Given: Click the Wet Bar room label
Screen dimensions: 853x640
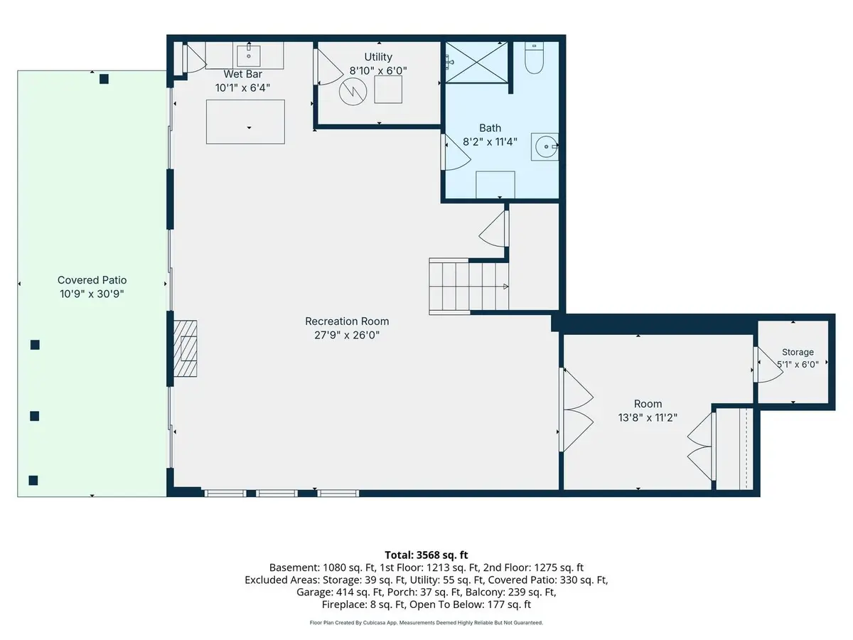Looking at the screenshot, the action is click(242, 74).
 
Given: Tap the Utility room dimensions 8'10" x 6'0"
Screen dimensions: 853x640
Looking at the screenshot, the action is click(378, 70).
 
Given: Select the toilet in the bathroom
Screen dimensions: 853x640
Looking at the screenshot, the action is click(534, 58).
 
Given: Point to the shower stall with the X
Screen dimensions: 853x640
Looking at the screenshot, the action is click(476, 62).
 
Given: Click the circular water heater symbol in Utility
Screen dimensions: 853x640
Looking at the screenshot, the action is click(353, 92).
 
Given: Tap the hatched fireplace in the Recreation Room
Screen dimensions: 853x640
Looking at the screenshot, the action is click(185, 348).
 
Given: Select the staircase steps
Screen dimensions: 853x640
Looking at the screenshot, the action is click(468, 287).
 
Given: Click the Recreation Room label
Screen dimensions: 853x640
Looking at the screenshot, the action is click(347, 321).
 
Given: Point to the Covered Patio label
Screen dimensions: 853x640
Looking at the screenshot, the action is click(92, 280).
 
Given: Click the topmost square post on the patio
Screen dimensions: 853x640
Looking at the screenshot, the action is click(104, 79).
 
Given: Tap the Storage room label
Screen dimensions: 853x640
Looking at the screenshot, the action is click(798, 352).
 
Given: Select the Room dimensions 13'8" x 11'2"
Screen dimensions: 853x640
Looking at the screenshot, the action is click(648, 417).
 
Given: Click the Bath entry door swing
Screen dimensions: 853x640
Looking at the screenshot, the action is click(456, 152).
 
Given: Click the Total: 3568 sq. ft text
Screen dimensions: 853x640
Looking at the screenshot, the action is click(426, 555).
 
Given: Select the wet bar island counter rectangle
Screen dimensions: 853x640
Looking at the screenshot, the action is click(245, 122).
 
